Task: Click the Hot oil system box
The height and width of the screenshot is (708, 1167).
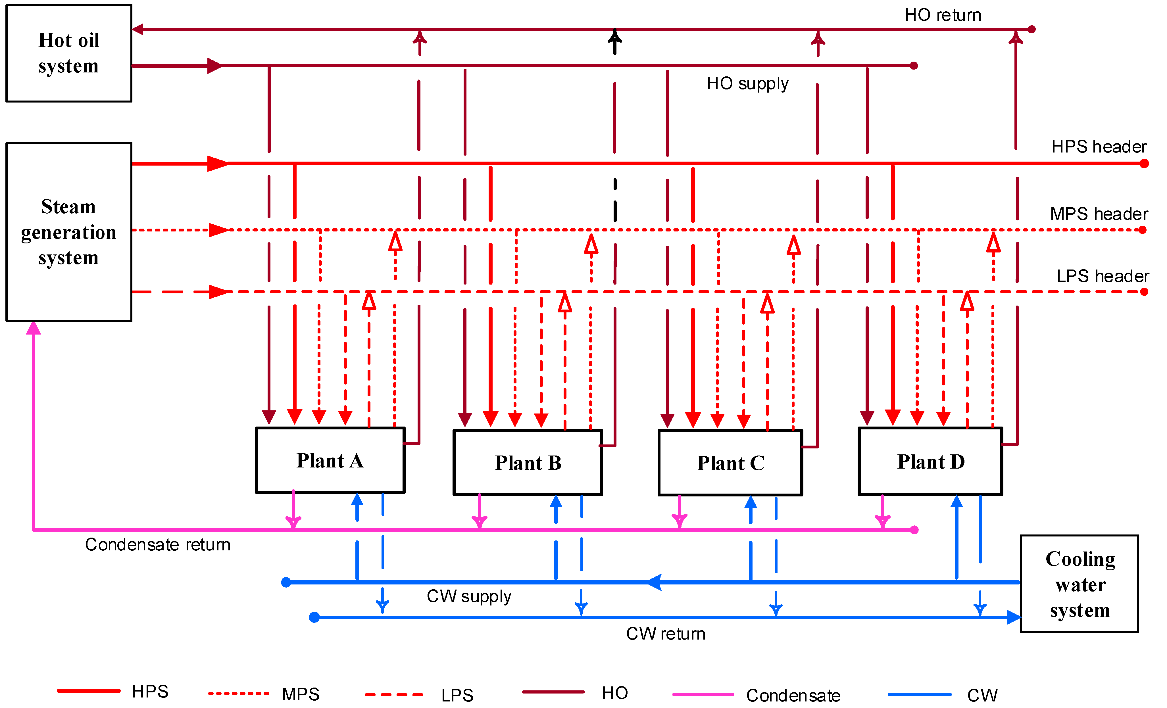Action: point(69,53)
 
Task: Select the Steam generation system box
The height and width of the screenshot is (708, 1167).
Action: point(69,232)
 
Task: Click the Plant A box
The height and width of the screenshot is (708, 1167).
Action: point(330,460)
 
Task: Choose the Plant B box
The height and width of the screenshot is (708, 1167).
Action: point(528,463)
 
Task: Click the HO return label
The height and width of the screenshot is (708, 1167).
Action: point(943,15)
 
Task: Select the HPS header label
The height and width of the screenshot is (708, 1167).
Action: point(1099,147)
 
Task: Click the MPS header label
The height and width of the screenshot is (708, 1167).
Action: point(1099,214)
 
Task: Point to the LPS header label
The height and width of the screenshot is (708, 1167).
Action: point(1103,276)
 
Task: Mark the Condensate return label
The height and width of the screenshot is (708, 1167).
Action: point(158,545)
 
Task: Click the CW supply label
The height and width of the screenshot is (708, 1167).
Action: point(469,596)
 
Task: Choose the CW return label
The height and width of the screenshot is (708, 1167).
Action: point(665,634)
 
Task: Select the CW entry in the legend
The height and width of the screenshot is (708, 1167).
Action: point(982,695)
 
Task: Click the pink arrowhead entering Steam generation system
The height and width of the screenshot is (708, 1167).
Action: point(33,328)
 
